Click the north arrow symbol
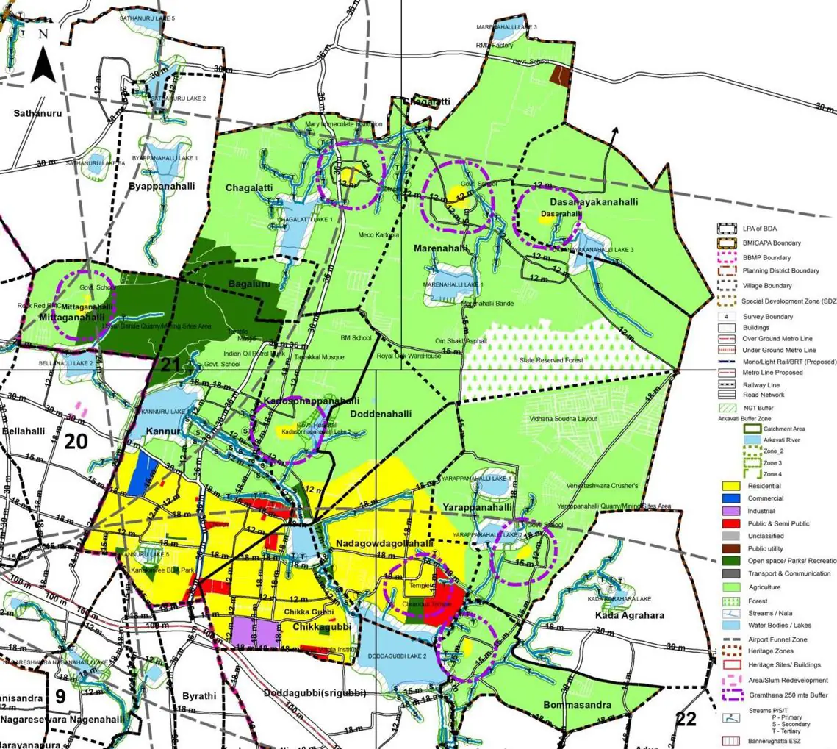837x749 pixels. [x=43, y=57]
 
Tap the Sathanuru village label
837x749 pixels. [x=35, y=113]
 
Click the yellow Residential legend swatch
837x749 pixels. [x=730, y=487]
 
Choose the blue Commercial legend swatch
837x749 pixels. [x=730, y=498]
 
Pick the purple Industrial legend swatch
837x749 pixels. [x=730, y=511]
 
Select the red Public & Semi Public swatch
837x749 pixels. [x=730, y=523]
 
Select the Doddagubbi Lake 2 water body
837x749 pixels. [x=389, y=647]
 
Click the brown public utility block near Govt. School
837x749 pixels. [x=561, y=75]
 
